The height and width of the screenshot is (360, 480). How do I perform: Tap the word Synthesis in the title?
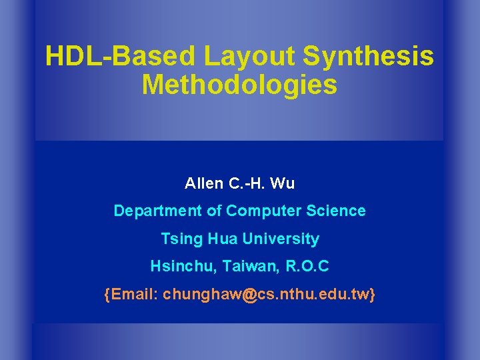tap(369, 57)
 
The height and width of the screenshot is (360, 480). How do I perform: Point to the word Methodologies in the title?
tap(239, 85)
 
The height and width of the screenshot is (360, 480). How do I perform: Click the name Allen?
tap(203, 183)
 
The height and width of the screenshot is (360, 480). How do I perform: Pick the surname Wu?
tap(284, 183)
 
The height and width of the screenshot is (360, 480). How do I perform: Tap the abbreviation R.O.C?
tap(307, 267)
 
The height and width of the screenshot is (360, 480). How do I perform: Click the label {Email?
tap(131, 294)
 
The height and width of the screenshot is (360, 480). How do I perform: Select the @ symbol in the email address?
tap(249, 294)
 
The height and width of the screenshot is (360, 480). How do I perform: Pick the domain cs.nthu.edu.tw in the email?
tap(313, 294)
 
